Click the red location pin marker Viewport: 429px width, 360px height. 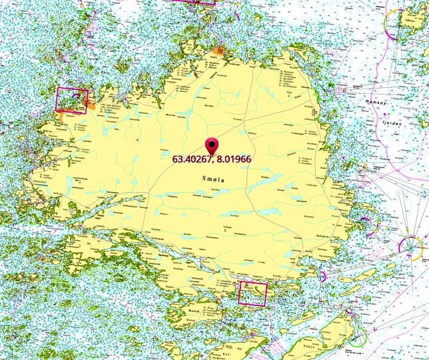pyautogui.click(x=212, y=146)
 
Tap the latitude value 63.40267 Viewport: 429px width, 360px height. pyautogui.click(x=193, y=160)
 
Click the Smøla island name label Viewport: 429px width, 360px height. pyautogui.click(x=213, y=179)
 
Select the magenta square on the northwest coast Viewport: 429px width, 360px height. pyautogui.click(x=72, y=100)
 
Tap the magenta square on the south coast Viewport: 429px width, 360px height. pyautogui.click(x=252, y=293)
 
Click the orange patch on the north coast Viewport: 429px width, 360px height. pyautogui.click(x=216, y=50)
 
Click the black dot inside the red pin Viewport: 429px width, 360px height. pyautogui.click(x=212, y=142)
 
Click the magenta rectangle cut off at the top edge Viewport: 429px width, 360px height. pyautogui.click(x=194, y=2)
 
